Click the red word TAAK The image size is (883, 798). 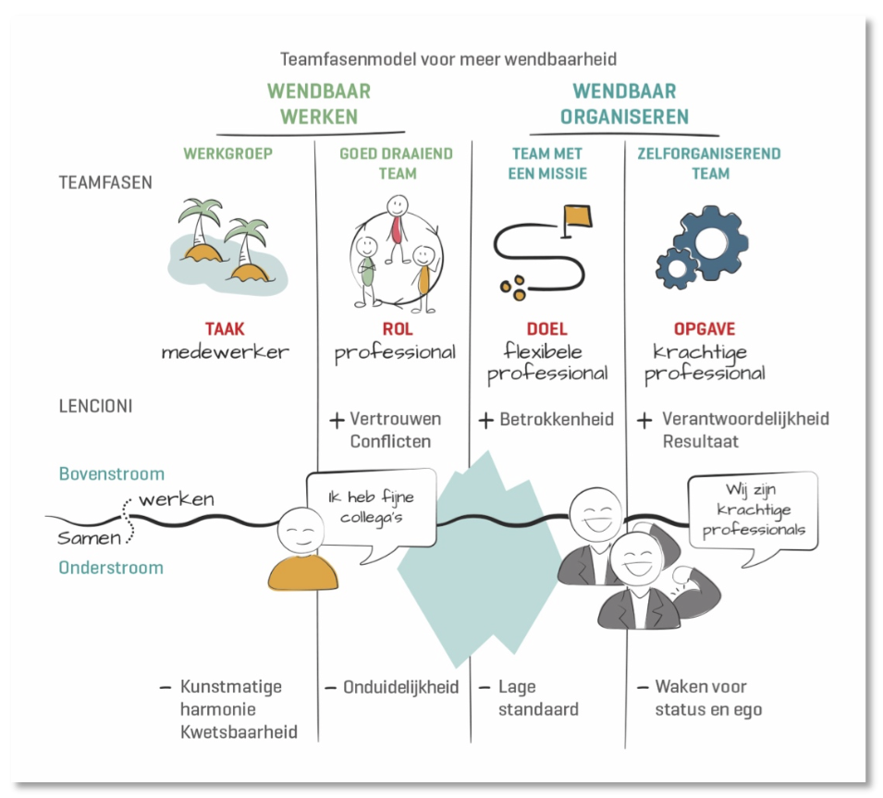pyautogui.click(x=225, y=329)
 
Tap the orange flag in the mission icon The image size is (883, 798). pyautogui.click(x=578, y=215)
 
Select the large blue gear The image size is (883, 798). pyautogui.click(x=711, y=242)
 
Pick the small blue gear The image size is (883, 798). pyautogui.click(x=676, y=269)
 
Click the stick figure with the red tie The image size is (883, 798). pyautogui.click(x=397, y=228)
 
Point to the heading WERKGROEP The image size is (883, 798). pyautogui.click(x=228, y=153)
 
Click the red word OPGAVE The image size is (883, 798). pyautogui.click(x=705, y=329)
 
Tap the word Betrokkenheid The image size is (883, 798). pyautogui.click(x=557, y=420)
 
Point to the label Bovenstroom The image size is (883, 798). pyautogui.click(x=112, y=474)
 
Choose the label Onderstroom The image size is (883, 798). pyautogui.click(x=111, y=568)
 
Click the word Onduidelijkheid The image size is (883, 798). pyautogui.click(x=401, y=688)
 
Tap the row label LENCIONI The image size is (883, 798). pyautogui.click(x=95, y=406)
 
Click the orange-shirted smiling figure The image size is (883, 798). pyautogui.click(x=301, y=549)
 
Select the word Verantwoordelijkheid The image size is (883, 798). pyautogui.click(x=745, y=419)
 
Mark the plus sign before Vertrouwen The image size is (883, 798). pyautogui.click(x=337, y=420)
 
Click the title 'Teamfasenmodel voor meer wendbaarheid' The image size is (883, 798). pyautogui.click(x=448, y=59)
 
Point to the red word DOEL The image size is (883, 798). pyautogui.click(x=546, y=329)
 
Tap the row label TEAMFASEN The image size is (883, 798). pyautogui.click(x=105, y=182)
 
